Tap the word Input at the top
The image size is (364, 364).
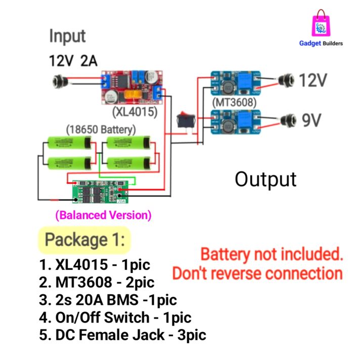(x=67, y=36)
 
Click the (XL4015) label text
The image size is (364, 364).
(x=134, y=111)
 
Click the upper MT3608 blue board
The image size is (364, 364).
(x=235, y=83)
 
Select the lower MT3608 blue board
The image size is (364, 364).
(x=235, y=123)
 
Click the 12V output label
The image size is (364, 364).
(x=313, y=80)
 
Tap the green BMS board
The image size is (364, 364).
(x=99, y=191)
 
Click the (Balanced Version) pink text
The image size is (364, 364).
(x=103, y=215)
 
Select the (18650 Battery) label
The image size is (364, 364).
(x=101, y=129)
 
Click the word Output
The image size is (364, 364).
(x=265, y=179)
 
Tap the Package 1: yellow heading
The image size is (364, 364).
(x=84, y=240)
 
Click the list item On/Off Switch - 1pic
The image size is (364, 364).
(x=115, y=317)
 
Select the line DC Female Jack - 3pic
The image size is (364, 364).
(x=122, y=335)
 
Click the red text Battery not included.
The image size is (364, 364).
(x=271, y=254)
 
